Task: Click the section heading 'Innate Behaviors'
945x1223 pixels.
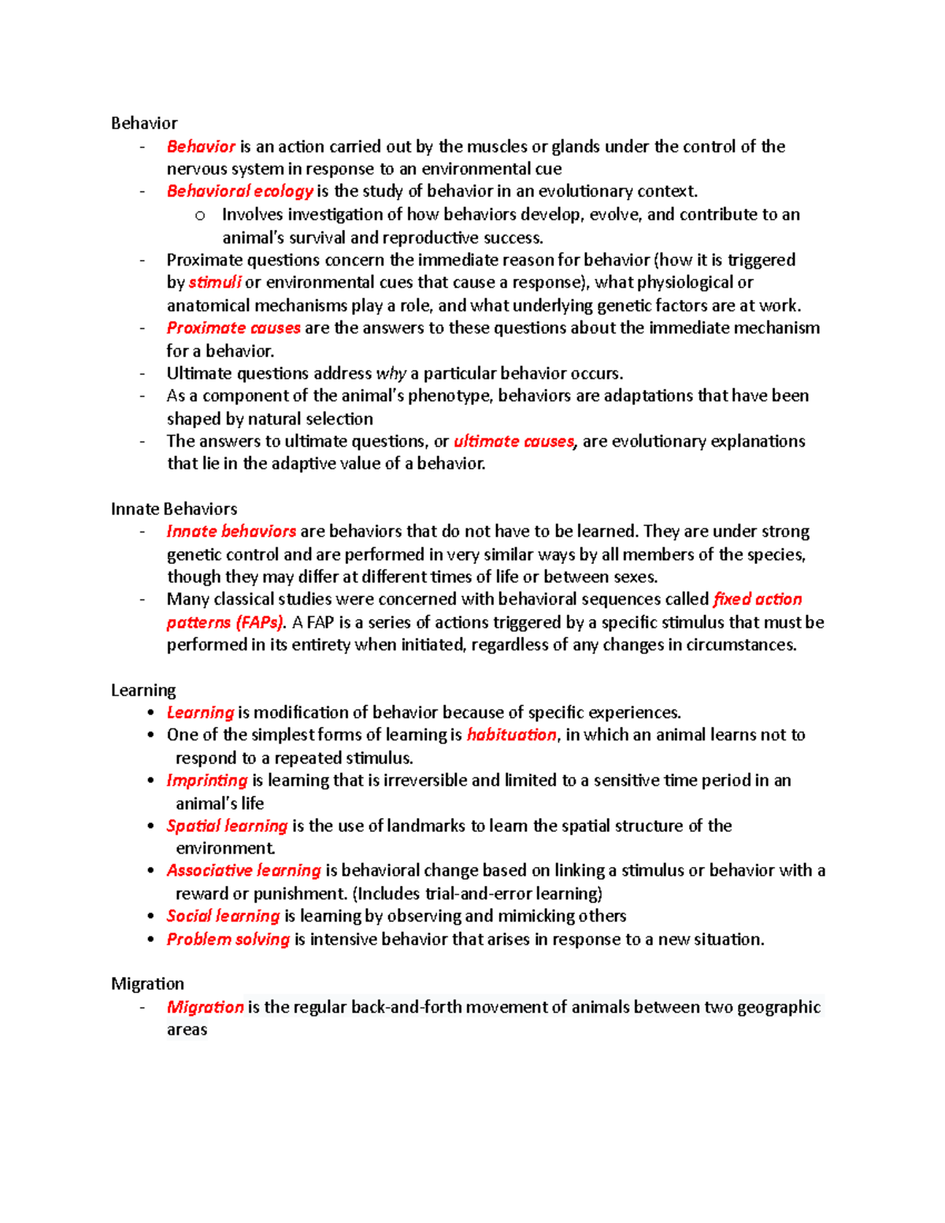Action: point(174,509)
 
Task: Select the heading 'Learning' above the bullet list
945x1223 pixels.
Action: point(143,690)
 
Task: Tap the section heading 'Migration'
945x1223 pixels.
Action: point(147,984)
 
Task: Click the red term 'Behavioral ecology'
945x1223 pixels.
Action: point(239,191)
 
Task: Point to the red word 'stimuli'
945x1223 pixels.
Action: point(214,283)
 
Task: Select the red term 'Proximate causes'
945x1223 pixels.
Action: point(233,328)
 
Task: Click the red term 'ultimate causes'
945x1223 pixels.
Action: point(514,441)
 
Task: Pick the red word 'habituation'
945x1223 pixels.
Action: point(511,735)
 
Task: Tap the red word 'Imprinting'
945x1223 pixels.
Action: point(207,780)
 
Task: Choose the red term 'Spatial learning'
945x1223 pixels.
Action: point(227,825)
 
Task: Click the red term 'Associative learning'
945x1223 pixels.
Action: point(243,870)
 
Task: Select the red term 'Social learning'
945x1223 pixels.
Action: point(223,916)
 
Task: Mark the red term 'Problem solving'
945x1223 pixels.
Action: point(228,939)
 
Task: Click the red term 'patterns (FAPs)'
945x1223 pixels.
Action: point(225,622)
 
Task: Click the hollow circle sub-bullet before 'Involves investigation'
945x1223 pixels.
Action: point(200,215)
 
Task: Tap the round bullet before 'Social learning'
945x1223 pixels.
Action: point(150,916)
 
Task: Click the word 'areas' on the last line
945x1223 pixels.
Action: point(187,1030)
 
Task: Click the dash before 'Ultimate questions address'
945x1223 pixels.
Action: point(143,373)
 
